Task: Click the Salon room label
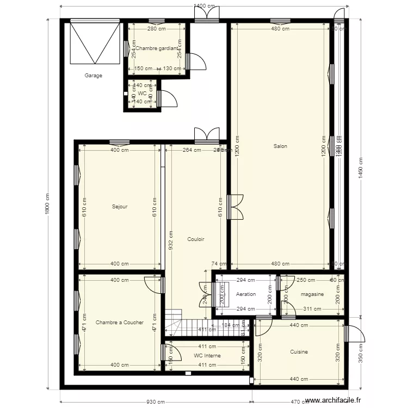coord(280,146)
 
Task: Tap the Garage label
coord(93,76)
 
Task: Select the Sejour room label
coord(120,206)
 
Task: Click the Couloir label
coord(196,239)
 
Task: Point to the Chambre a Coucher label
coord(120,322)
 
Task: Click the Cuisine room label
coord(299,351)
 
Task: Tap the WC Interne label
coord(206,356)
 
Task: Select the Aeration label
coord(246,294)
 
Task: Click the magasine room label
coord(312,294)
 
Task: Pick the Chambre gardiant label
coord(157,48)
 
